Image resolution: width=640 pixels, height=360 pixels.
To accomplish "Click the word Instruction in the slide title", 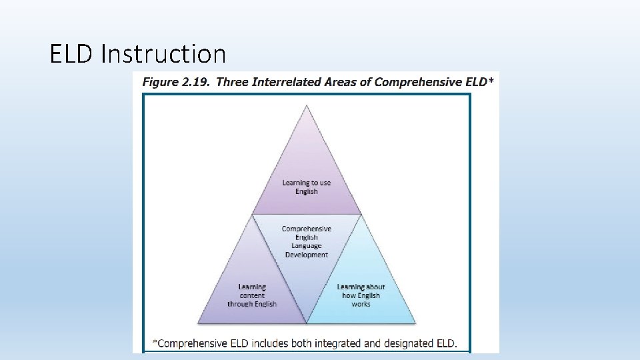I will (163, 53).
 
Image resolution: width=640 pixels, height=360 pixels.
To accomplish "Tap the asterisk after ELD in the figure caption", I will (491, 81).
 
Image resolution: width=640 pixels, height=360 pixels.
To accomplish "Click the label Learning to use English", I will (307, 187).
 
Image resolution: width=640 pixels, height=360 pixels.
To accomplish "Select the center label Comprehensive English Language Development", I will (307, 241).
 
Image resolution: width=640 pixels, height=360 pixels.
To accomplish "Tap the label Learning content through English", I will (252, 295).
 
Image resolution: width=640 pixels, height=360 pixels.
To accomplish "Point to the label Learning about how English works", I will (361, 295).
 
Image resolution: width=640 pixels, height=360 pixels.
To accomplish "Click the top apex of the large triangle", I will (307, 105).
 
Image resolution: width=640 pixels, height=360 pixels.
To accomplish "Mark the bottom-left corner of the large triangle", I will (199, 323).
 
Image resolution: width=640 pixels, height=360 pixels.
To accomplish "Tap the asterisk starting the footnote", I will (155, 343).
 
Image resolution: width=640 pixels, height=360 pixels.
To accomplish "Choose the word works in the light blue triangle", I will (361, 304).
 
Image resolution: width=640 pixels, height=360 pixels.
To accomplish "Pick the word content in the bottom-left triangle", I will (252, 295).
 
